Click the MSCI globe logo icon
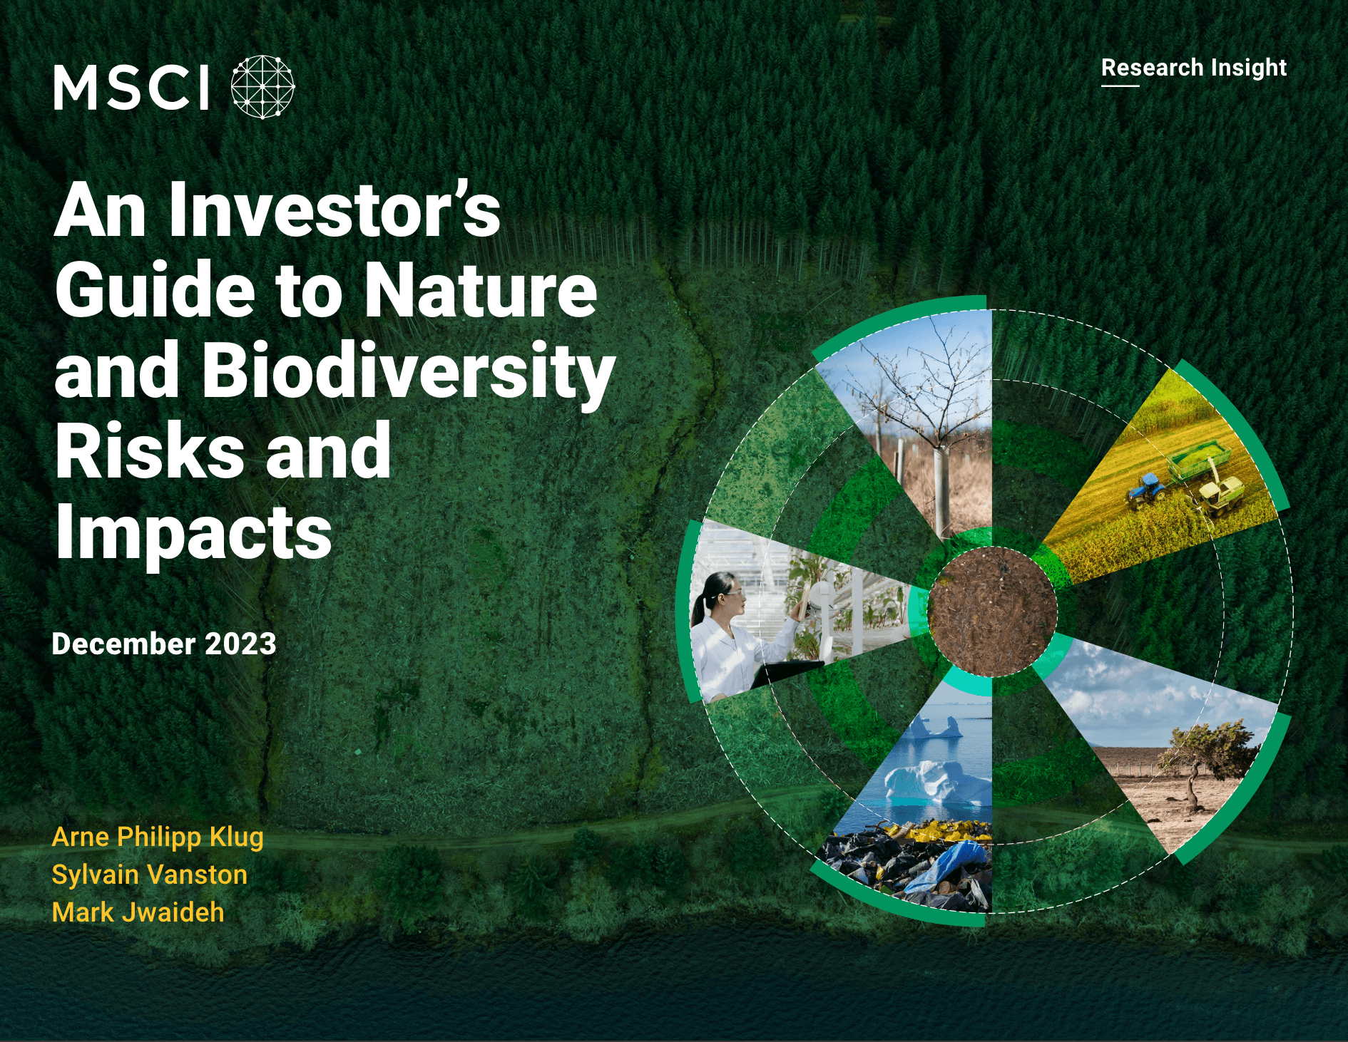tap(262, 87)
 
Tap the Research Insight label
tap(1193, 68)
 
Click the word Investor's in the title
tap(335, 211)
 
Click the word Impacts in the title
tap(193, 532)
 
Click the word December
tap(123, 644)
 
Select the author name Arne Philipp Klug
tap(158, 837)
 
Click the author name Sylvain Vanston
tap(150, 875)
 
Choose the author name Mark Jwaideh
tap(138, 912)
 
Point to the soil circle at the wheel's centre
tap(992, 612)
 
